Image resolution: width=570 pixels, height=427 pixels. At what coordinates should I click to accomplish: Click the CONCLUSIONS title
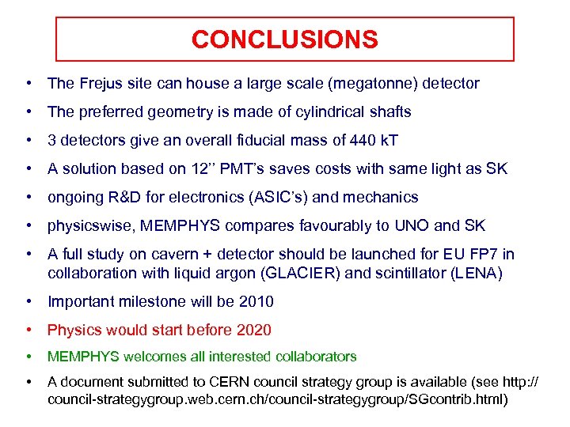point(284,40)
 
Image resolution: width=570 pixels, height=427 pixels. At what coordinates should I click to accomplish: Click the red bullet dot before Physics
point(28,330)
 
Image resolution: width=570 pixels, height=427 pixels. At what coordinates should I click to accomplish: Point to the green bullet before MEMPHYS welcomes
point(28,357)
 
